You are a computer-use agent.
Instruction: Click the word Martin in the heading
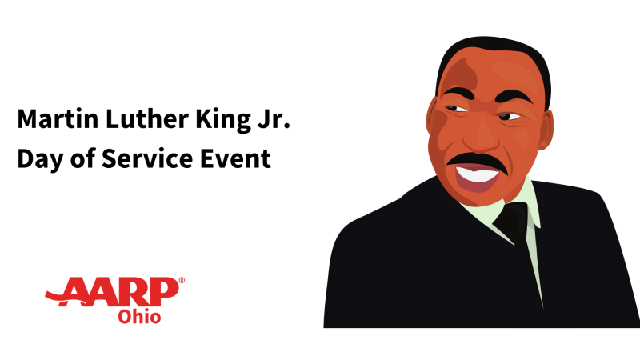[58, 118]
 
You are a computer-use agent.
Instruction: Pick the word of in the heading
[83, 158]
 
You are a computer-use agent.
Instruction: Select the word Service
[147, 158]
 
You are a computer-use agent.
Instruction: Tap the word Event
[235, 158]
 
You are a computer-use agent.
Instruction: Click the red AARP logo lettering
[112, 292]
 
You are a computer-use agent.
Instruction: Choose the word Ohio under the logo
[139, 317]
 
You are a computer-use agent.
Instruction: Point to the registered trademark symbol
[182, 280]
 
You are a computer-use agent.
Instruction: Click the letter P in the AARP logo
[166, 291]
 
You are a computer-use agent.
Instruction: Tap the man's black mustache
[478, 162]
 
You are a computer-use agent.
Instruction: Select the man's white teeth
[477, 174]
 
